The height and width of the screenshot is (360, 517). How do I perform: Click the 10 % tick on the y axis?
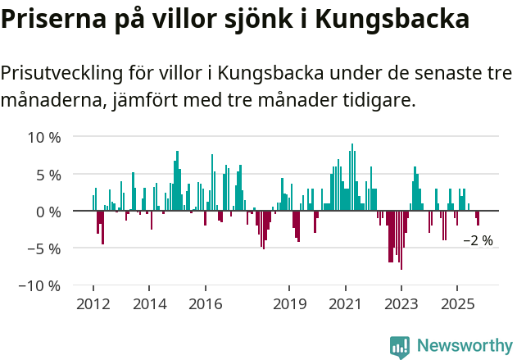[x=43, y=137]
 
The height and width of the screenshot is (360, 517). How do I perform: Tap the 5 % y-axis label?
[x=48, y=175]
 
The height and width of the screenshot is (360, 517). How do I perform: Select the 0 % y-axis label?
[x=48, y=212]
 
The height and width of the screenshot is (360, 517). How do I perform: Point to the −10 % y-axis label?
[x=40, y=286]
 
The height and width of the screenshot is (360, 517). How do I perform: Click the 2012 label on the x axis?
[x=93, y=305]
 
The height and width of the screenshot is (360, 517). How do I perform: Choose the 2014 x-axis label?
[x=149, y=305]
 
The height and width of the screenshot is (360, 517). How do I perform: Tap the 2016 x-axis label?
[x=205, y=305]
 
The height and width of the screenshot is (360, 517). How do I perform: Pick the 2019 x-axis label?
[x=289, y=305]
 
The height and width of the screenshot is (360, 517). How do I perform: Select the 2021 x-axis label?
[x=345, y=305]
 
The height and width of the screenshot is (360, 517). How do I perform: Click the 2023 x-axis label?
[x=401, y=305]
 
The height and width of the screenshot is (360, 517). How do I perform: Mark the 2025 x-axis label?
[x=456, y=305]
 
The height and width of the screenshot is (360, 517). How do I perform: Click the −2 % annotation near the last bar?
[x=478, y=241]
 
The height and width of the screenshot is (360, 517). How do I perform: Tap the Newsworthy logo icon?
[x=400, y=346]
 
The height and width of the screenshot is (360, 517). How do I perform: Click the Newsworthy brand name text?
[x=464, y=346]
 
